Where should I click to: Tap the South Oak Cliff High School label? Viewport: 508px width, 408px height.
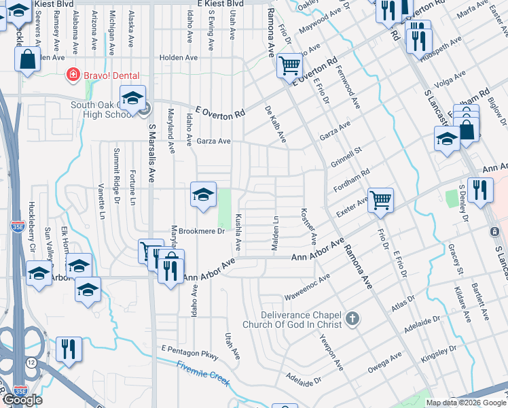click(105, 109)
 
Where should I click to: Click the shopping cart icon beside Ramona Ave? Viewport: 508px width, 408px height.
click(289, 66)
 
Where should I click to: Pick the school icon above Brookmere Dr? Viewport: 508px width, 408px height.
click(203, 195)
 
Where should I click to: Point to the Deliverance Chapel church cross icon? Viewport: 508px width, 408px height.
click(352, 318)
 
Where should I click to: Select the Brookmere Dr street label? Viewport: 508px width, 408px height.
click(202, 231)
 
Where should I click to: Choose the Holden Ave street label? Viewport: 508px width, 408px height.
click(178, 58)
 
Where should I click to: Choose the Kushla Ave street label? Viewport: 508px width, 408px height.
click(238, 231)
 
